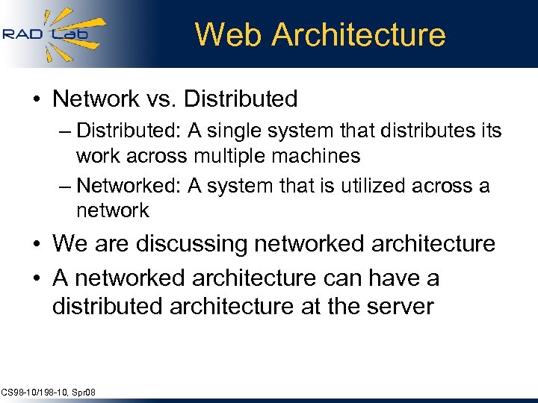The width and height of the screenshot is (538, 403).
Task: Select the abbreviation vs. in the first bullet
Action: [160, 99]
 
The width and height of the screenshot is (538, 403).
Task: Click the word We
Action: [70, 244]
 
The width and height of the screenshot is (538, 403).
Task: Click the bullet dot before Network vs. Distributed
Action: [38, 99]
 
